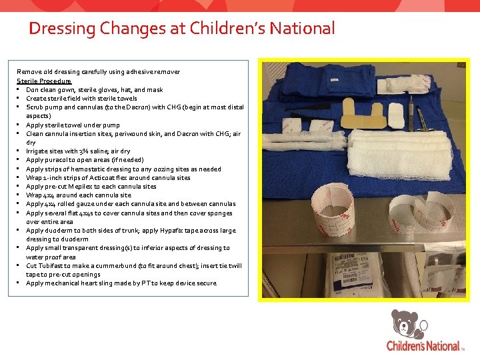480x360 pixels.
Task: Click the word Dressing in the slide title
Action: tap(61, 29)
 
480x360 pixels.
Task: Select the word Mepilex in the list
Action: tap(85, 187)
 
